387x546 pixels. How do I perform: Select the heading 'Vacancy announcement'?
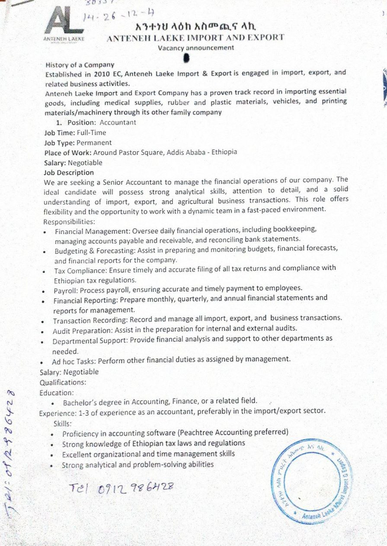pos(195,48)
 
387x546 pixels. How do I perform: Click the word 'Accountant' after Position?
pos(118,122)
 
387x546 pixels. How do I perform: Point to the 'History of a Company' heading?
pos(80,65)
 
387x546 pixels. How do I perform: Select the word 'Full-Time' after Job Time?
pos(91,133)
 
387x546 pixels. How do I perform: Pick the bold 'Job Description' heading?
pos(69,172)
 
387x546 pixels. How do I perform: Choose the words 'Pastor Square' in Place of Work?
pos(141,153)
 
